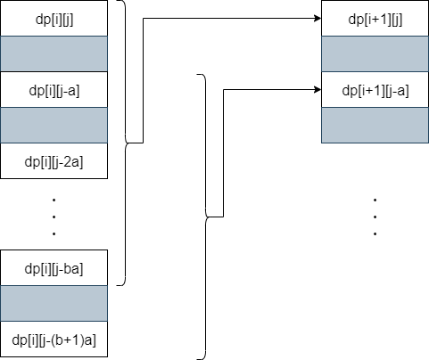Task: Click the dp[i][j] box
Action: pyautogui.click(x=54, y=18)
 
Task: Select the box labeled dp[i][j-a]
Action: pyautogui.click(x=54, y=89)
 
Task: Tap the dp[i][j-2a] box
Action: pyautogui.click(x=54, y=160)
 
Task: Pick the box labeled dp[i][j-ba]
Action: pyautogui.click(x=54, y=267)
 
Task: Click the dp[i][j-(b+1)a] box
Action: pyautogui.click(x=54, y=339)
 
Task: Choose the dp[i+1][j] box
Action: pyautogui.click(x=375, y=18)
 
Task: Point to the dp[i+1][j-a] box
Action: pyautogui.click(x=375, y=89)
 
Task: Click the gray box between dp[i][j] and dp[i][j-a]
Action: pyautogui.click(x=54, y=53)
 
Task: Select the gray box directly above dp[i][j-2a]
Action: pyautogui.click(x=54, y=125)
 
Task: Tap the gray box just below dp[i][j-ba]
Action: pyautogui.click(x=54, y=303)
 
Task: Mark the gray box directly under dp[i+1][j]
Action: pyautogui.click(x=375, y=53)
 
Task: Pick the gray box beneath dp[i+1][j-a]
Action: pyautogui.click(x=375, y=125)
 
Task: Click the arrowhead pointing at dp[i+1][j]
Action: pyautogui.click(x=318, y=18)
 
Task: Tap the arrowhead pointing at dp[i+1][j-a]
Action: pyautogui.click(x=318, y=89)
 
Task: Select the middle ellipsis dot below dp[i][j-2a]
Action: pyautogui.click(x=54, y=217)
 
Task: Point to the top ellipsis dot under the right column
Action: pyautogui.click(x=375, y=200)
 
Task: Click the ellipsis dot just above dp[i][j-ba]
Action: pyautogui.click(x=54, y=234)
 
